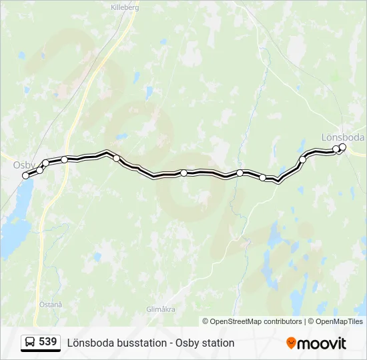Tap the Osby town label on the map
click(24, 164)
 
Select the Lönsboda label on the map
click(342, 137)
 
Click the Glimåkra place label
click(161, 309)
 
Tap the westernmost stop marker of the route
click(26, 175)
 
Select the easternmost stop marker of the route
click(343, 147)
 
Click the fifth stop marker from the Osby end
click(116, 158)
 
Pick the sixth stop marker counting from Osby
click(183, 173)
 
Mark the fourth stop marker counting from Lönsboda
click(262, 177)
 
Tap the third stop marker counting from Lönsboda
click(302, 159)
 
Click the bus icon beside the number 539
click(30, 343)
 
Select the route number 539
click(48, 342)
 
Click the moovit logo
click(316, 343)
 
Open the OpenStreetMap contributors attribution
click(252, 321)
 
